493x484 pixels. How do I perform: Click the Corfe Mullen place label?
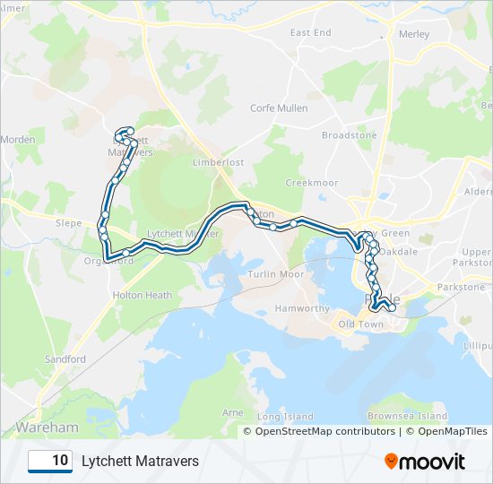click(279, 108)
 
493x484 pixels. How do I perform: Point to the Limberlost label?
click(219, 162)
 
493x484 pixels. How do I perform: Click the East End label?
click(310, 33)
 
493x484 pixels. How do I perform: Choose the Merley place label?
click(413, 34)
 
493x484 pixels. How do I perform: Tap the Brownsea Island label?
click(408, 417)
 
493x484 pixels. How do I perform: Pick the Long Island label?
click(285, 417)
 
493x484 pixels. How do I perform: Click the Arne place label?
click(232, 412)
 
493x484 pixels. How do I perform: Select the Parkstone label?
click(461, 287)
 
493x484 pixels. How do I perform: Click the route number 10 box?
click(50, 461)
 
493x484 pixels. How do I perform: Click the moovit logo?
click(425, 461)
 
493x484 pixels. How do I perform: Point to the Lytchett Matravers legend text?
click(140, 461)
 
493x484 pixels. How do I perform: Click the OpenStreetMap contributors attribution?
click(325, 431)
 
